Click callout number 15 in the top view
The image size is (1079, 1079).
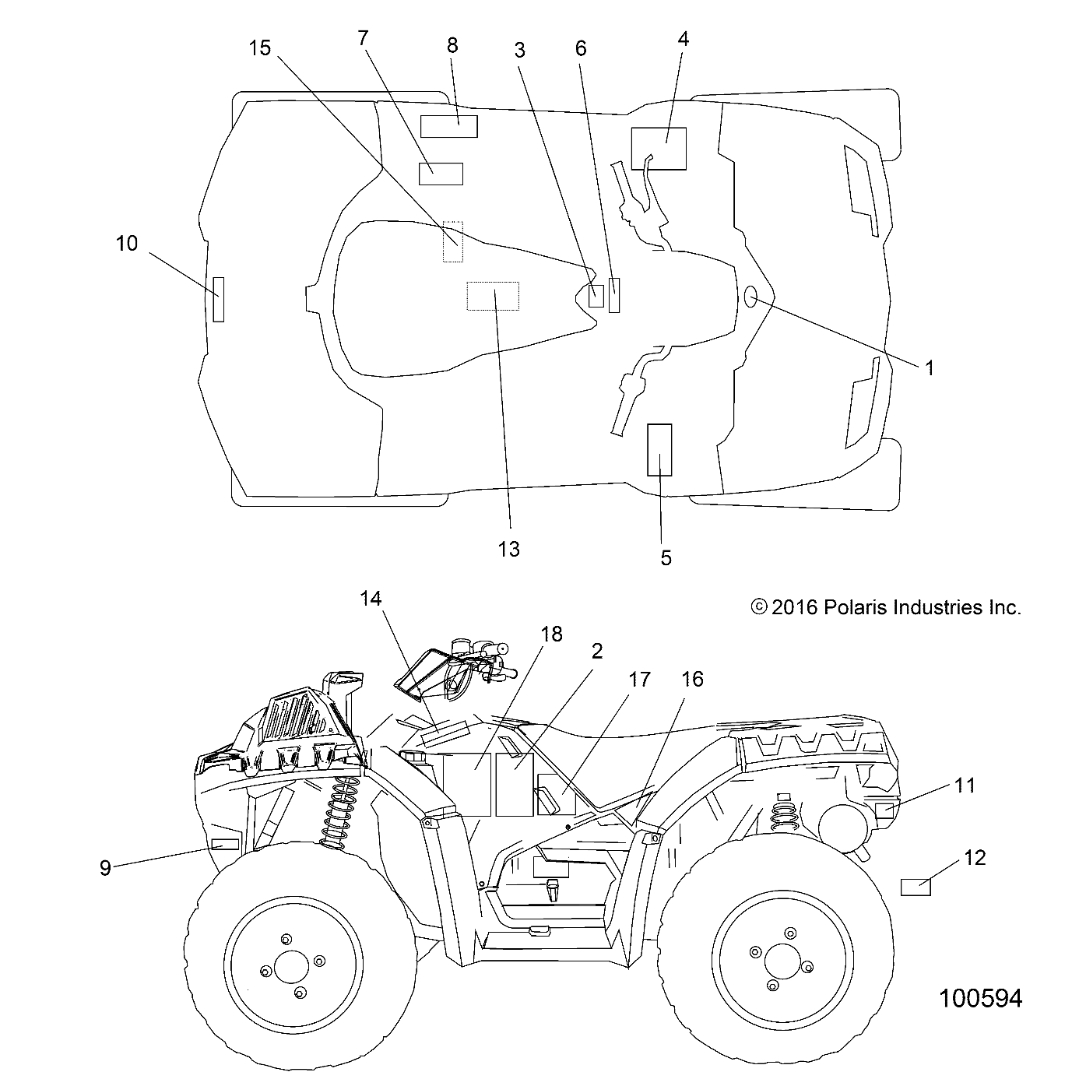point(260,48)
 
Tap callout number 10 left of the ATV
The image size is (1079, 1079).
point(127,244)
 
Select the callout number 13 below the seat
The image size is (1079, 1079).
point(509,550)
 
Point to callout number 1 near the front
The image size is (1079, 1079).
point(930,368)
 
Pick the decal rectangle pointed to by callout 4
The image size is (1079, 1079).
point(659,149)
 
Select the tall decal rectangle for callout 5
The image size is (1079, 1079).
point(659,450)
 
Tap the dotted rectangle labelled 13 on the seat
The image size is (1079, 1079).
point(493,296)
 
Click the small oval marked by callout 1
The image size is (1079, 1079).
point(750,296)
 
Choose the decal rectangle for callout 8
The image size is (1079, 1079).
point(449,127)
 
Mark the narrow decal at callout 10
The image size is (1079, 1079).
point(219,300)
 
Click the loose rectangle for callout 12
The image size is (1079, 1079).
point(915,887)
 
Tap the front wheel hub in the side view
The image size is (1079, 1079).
point(293,967)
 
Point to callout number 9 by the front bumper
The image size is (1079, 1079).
point(105,868)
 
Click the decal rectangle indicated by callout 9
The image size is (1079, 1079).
point(225,845)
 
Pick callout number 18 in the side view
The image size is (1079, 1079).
point(551,634)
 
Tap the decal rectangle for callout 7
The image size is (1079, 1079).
point(441,174)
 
